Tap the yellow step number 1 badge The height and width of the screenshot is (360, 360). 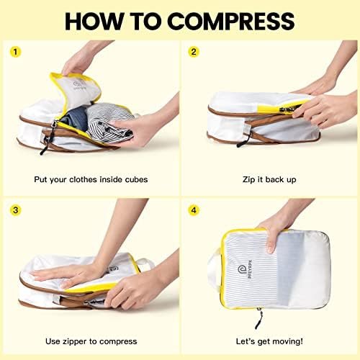[x=17, y=52]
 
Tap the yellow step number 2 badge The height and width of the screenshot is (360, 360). [x=193, y=52]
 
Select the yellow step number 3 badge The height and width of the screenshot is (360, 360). [x=17, y=211]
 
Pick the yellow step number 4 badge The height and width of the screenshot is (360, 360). [x=193, y=211]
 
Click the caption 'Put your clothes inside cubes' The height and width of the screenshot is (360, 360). [x=91, y=178]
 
